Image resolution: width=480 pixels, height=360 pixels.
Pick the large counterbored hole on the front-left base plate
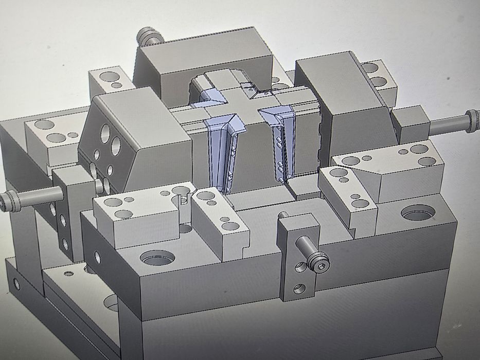[x=157, y=257]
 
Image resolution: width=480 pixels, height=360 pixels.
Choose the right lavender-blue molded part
[x=280, y=144]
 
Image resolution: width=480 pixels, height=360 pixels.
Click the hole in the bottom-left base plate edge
[x=17, y=282]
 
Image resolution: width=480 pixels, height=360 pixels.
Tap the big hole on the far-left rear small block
[x=109, y=77]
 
